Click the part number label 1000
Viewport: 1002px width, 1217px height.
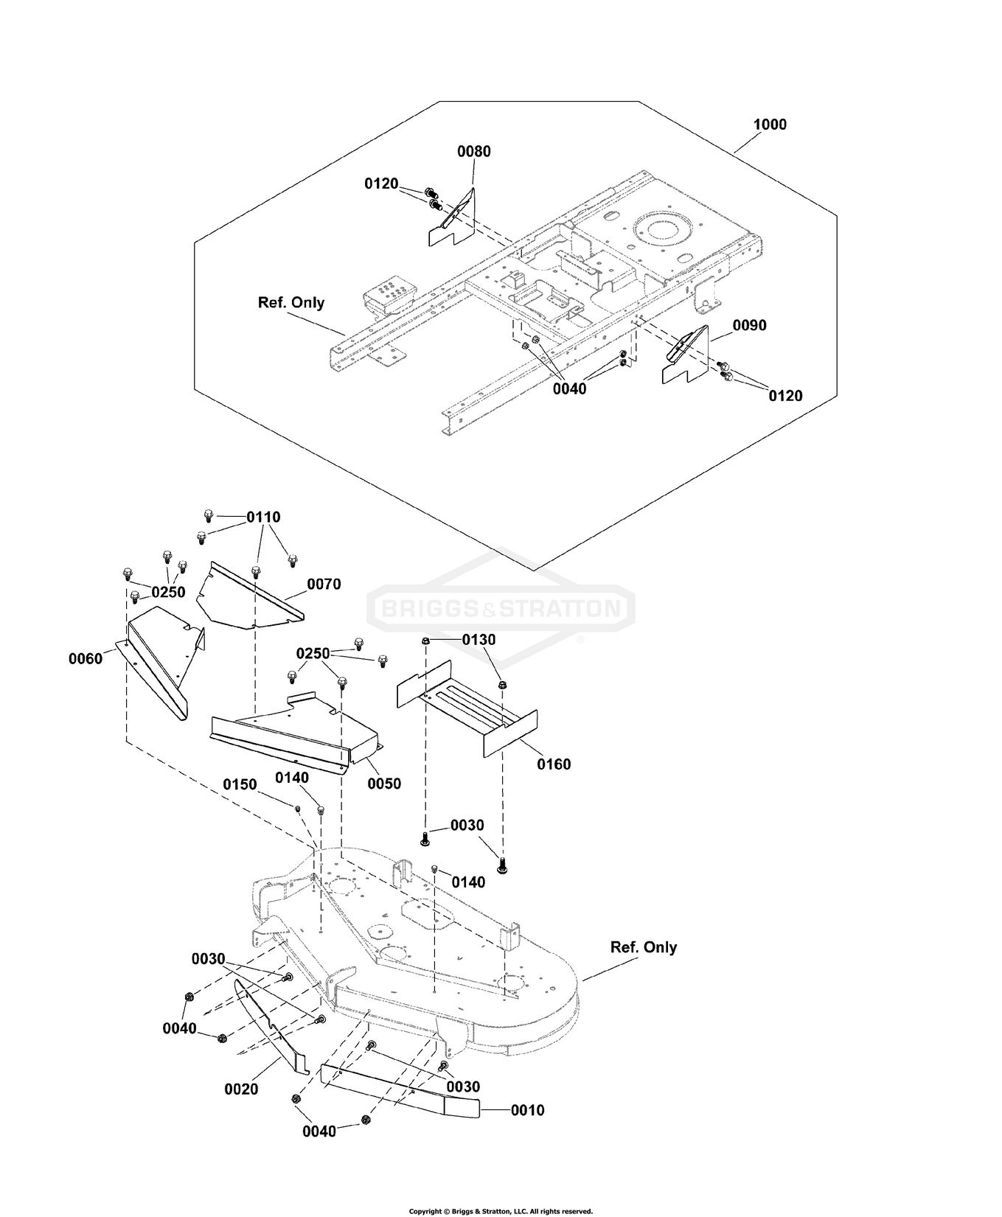coord(770,125)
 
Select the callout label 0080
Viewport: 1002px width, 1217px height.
coord(474,152)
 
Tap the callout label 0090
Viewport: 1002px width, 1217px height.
coord(750,325)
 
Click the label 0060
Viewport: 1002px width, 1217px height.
coord(86,659)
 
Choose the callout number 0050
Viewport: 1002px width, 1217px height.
coord(384,784)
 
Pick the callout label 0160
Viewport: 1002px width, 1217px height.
coord(554,764)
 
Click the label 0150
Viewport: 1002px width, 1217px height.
coord(240,784)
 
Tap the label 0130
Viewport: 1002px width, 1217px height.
coord(479,640)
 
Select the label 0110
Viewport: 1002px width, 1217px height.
coord(263,517)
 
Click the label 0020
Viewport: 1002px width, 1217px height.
coord(241,1089)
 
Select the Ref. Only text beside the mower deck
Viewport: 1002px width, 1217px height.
coord(644,947)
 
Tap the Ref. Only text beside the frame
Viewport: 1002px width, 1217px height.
coord(291,302)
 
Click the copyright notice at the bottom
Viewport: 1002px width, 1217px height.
coord(501,1211)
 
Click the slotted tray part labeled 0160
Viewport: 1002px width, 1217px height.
coord(467,708)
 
